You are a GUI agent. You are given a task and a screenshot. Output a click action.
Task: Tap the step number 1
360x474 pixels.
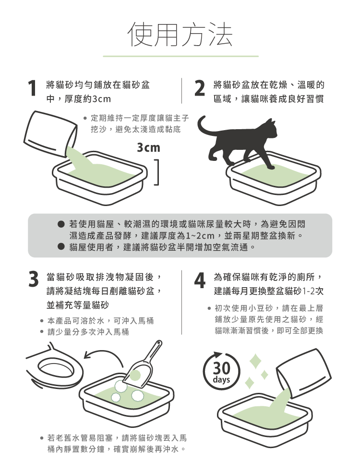point(32,88)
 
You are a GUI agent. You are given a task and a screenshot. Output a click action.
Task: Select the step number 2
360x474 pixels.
point(200,88)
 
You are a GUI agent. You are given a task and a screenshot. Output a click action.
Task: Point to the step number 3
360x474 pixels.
point(34,279)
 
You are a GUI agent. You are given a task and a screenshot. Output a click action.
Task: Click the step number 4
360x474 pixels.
point(200,280)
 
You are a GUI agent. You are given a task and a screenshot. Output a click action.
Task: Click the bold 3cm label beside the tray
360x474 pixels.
point(148,147)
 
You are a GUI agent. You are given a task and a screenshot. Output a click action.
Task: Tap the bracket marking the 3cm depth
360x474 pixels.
point(156,172)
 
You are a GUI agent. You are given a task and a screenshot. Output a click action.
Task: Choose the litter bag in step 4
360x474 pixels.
point(303,374)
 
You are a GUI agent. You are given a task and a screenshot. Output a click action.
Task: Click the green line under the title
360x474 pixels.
point(181,56)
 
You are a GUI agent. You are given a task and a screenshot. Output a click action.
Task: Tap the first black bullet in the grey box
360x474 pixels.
point(61,224)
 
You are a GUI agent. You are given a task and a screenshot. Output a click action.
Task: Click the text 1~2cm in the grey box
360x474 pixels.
point(200,236)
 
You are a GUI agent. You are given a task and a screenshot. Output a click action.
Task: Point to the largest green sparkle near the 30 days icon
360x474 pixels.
point(255,361)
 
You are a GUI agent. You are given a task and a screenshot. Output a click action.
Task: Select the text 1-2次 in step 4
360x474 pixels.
point(313,291)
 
